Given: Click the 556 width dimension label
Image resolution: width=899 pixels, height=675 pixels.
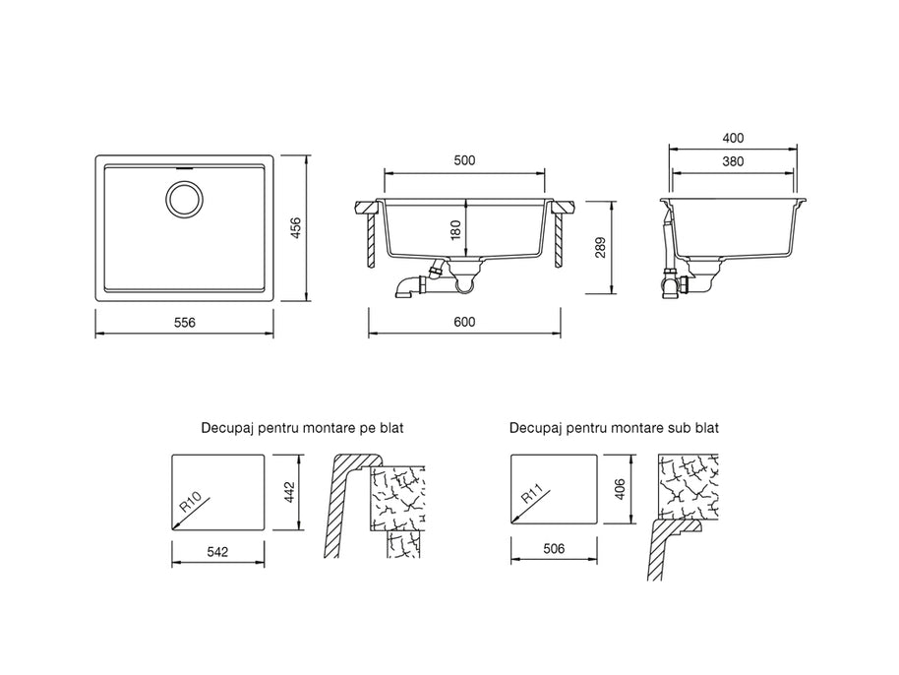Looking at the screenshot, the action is [x=185, y=323].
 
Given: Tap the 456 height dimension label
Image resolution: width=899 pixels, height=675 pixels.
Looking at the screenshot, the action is [x=296, y=227].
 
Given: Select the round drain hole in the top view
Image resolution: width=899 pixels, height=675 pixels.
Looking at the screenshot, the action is [x=184, y=199].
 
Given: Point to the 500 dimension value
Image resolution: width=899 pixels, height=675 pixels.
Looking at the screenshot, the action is [x=464, y=160].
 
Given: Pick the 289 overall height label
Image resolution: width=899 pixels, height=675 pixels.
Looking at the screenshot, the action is [x=600, y=247].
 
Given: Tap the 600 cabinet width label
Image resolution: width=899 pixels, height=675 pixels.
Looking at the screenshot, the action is [x=464, y=323].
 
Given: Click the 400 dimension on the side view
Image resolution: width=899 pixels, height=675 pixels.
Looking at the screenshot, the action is [x=734, y=138].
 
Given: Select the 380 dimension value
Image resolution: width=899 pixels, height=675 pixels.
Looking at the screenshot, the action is [x=734, y=161].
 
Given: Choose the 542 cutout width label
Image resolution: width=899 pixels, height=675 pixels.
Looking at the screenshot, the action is [x=217, y=552].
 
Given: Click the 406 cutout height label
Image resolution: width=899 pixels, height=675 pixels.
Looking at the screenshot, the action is [x=620, y=489].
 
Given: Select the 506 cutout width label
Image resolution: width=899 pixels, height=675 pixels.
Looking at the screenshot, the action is [x=554, y=549].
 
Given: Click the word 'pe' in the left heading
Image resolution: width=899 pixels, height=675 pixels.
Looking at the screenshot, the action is [x=369, y=429].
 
